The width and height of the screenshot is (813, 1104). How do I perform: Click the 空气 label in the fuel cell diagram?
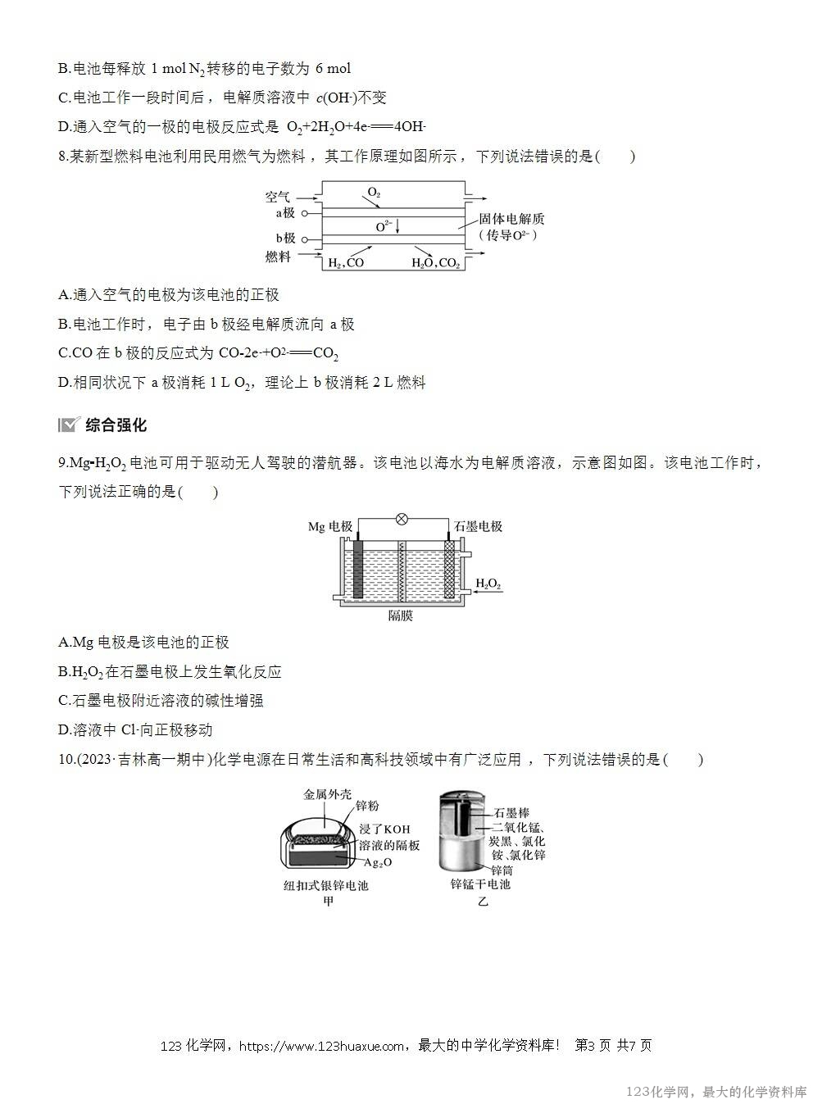coord(277,197)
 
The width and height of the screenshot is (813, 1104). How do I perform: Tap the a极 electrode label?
coord(284,213)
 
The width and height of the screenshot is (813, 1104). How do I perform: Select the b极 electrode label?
coord(284,239)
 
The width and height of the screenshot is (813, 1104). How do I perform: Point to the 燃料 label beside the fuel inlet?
coord(278,257)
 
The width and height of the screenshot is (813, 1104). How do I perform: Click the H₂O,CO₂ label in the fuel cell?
coord(435,263)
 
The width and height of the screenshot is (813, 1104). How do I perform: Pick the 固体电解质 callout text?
coord(511,219)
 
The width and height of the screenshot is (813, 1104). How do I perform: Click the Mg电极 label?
coord(330,526)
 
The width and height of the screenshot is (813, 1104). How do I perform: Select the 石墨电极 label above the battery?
coord(478,526)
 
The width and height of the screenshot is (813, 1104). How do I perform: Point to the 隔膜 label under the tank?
coord(401,616)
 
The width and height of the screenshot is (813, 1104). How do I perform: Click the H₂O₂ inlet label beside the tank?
coord(488,584)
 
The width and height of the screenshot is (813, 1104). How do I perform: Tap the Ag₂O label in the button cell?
coord(379,862)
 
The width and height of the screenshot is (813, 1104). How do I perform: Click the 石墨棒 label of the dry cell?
coord(511,813)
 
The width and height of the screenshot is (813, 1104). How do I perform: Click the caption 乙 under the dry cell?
coord(482,902)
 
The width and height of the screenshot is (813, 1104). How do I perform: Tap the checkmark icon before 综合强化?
coord(69,425)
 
